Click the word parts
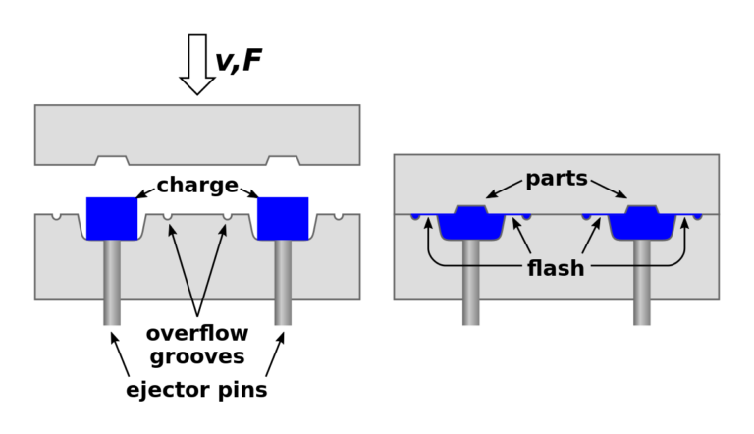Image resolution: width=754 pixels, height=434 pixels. (556, 179)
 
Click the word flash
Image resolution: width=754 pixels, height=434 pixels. (556, 268)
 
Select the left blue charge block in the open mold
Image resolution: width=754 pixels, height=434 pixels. (112, 217)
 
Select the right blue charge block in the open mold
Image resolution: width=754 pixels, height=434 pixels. (283, 217)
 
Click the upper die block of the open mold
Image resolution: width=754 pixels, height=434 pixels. (197, 132)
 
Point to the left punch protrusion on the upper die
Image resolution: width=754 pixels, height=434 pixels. (112, 160)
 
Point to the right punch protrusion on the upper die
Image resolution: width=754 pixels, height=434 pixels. (283, 160)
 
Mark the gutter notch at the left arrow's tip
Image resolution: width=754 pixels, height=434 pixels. (168, 216)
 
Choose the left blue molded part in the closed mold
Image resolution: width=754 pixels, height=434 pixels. (471, 224)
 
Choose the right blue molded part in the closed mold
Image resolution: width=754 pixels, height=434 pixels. (642, 224)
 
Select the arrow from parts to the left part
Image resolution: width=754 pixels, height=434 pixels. (505, 189)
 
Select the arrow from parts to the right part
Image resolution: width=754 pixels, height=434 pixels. (608, 189)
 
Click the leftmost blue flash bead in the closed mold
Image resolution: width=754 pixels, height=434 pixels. (415, 216)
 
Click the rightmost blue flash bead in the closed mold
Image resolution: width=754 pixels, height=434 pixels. (698, 216)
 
